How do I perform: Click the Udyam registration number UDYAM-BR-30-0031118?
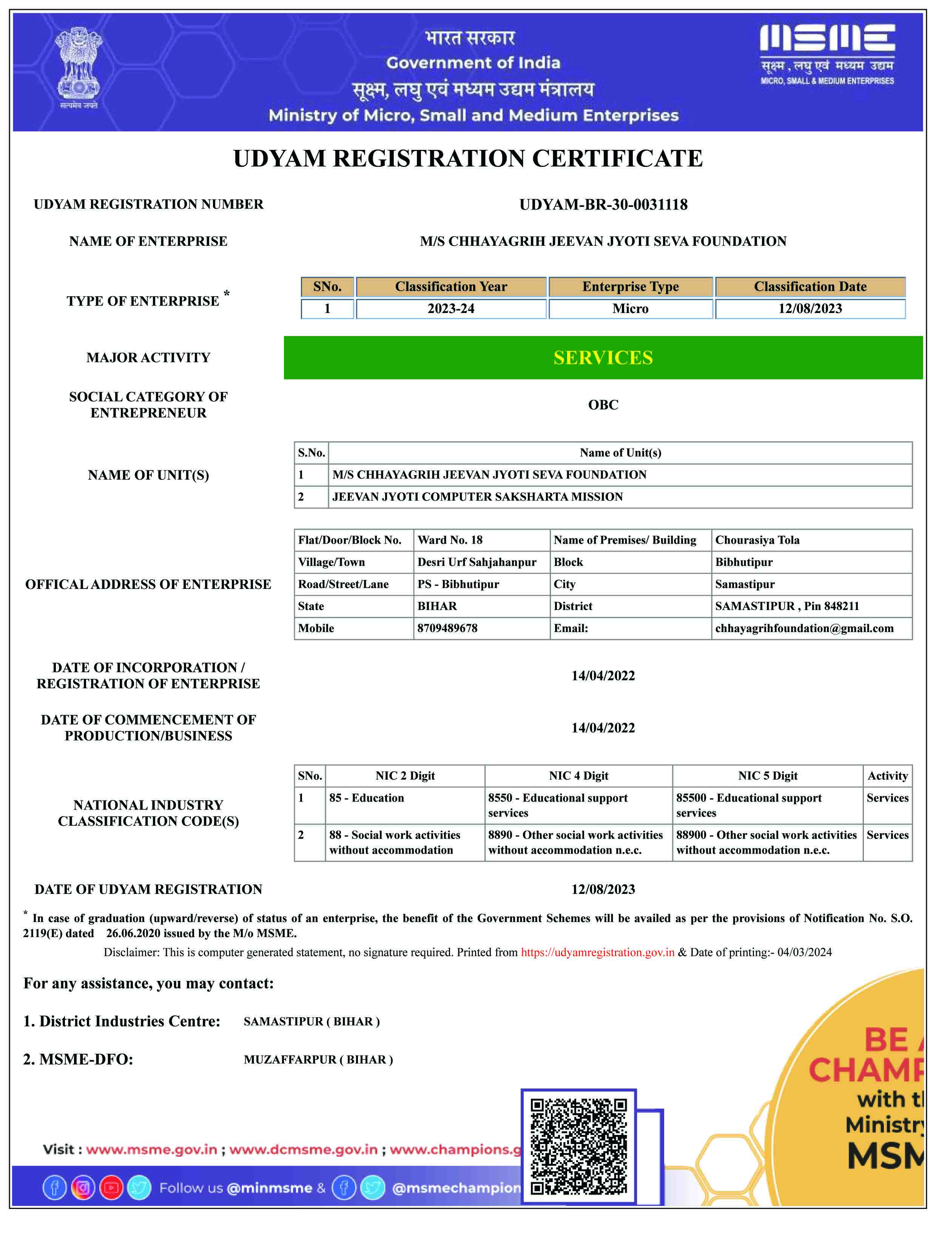click(603, 205)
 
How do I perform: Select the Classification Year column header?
click(451, 287)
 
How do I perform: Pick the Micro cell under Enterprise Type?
click(630, 309)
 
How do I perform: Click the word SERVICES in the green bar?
click(603, 358)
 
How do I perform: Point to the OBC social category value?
click(603, 404)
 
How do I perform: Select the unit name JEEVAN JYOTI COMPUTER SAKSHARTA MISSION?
click(477, 497)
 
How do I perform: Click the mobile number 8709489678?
click(447, 628)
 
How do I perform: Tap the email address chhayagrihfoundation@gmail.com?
click(804, 628)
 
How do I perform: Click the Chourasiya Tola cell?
click(757, 540)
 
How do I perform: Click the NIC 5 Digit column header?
click(767, 776)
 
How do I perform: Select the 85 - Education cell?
click(367, 798)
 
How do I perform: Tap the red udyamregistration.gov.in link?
click(597, 953)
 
